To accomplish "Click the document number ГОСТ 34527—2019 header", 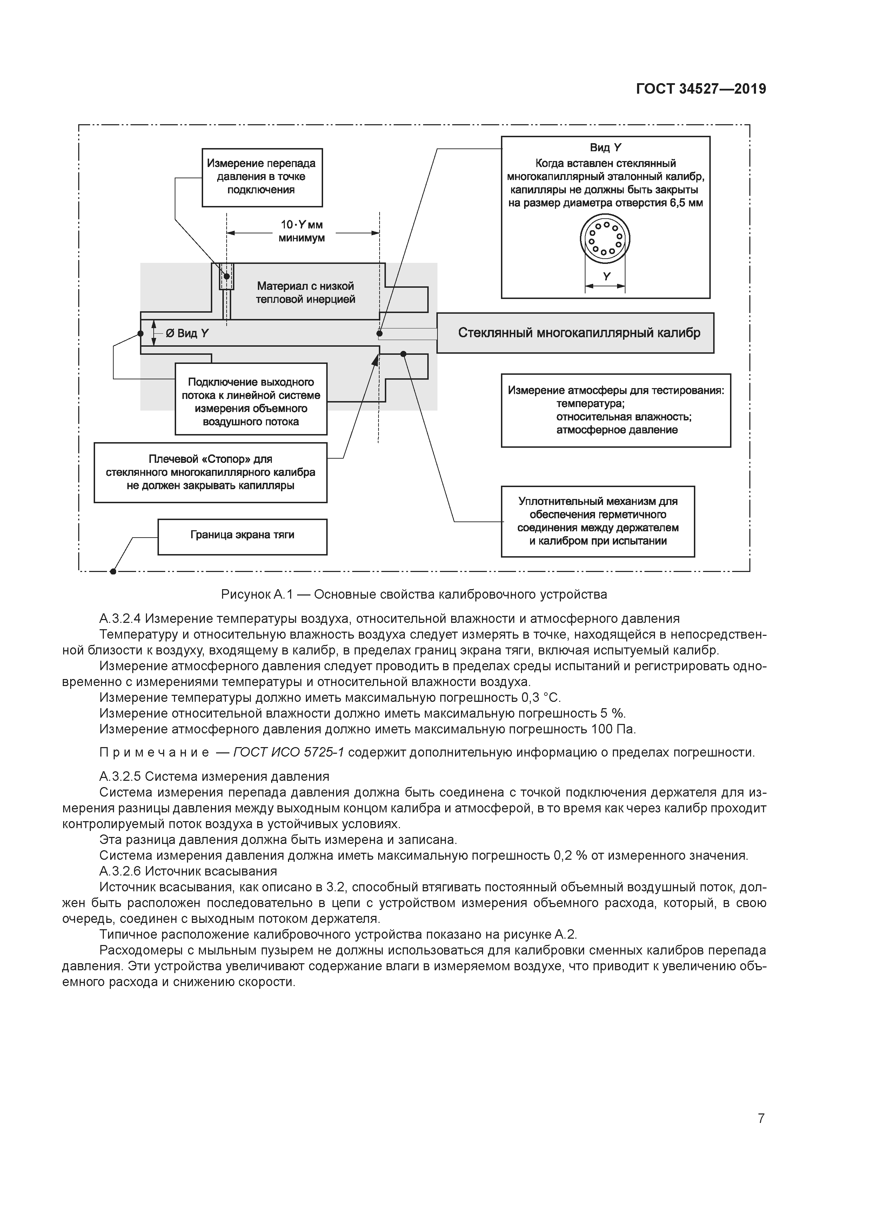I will (x=701, y=88).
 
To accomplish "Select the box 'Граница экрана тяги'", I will (x=242, y=537).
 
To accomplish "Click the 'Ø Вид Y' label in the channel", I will (x=187, y=333).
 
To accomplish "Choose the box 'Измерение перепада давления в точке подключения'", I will (x=262, y=178).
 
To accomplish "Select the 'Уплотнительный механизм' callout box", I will (x=598, y=521).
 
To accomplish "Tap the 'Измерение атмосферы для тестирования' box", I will (x=616, y=410).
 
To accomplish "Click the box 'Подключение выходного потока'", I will (x=251, y=399).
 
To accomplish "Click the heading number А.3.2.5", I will (x=120, y=776).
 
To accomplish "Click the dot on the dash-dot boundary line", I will (x=113, y=572).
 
